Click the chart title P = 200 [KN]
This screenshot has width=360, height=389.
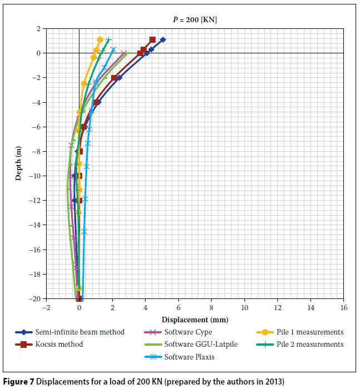(x=194, y=19)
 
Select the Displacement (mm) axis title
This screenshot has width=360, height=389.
(x=195, y=320)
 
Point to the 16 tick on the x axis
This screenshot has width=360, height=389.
(x=344, y=307)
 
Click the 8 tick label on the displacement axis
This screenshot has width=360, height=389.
(x=212, y=307)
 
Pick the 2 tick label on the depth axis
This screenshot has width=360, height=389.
(x=38, y=28)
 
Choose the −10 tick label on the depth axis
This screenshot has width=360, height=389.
(x=35, y=176)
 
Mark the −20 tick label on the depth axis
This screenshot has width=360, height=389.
(x=35, y=299)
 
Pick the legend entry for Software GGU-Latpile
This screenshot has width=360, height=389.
(x=201, y=345)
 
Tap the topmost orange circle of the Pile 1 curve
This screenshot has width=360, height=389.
(x=100, y=39)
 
